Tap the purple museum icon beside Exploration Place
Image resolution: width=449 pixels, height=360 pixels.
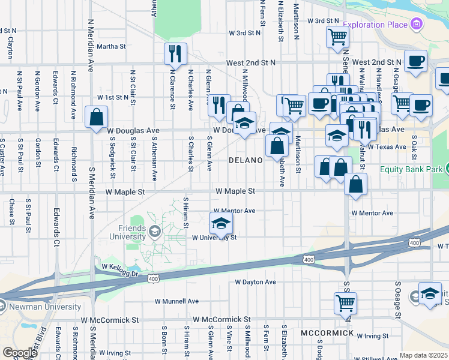click(x=415, y=25)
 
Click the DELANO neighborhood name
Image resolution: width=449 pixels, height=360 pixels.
click(x=246, y=161)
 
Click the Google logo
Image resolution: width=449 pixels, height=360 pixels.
click(x=20, y=353)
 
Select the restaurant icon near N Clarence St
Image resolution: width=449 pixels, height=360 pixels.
click(x=175, y=54)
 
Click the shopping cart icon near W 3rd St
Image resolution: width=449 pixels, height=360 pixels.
click(x=337, y=37)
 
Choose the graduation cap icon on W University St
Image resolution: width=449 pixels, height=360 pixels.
click(x=221, y=224)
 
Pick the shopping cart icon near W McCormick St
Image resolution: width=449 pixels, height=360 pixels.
click(x=345, y=303)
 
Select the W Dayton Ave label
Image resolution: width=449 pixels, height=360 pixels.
click(x=255, y=282)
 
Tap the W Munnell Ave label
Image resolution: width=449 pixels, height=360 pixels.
click(x=176, y=301)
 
